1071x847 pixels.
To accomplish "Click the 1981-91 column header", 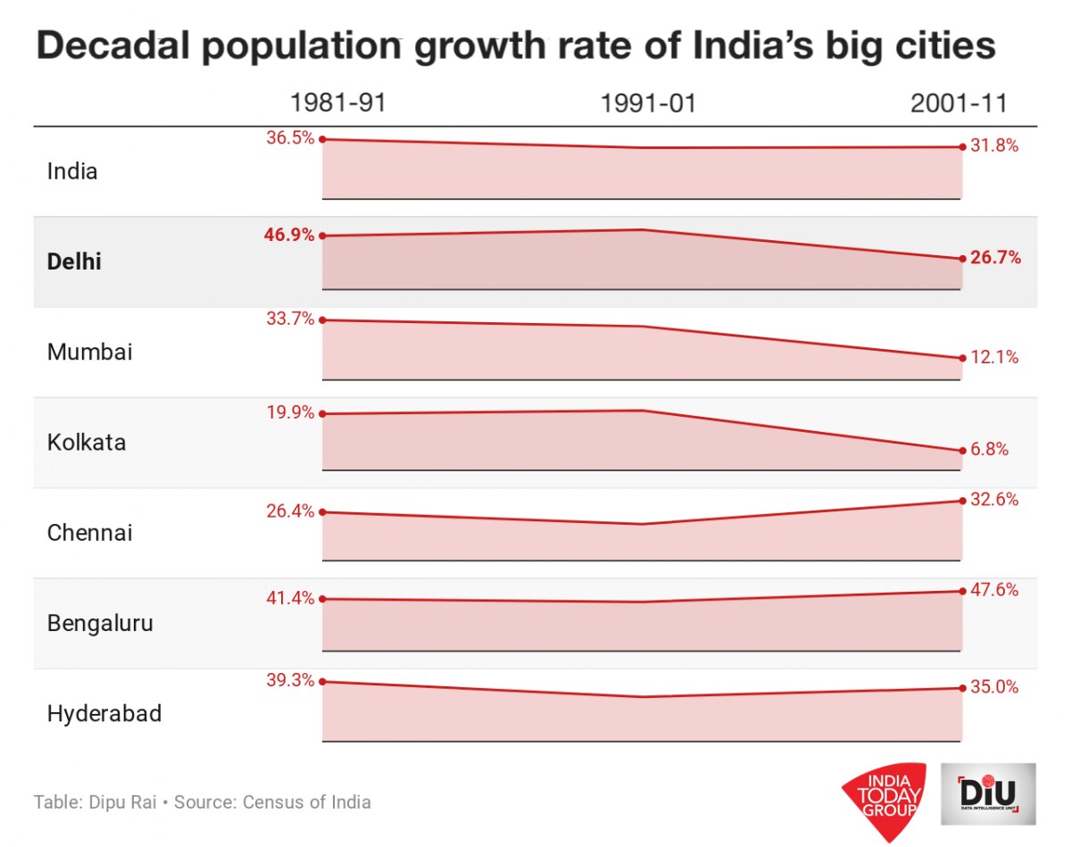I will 337,104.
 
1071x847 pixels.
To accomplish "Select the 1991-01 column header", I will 648,104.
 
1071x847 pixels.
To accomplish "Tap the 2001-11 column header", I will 959,104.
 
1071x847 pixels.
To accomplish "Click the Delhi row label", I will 74,262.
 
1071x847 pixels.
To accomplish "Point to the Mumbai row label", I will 89,353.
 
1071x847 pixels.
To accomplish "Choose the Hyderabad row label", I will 104,714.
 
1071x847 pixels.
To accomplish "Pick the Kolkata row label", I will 87,443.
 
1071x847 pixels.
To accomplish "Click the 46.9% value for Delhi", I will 289,236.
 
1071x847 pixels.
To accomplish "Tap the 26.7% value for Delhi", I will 995,259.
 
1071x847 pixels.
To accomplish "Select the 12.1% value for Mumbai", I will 994,358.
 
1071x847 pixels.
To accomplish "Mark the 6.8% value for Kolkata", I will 990,450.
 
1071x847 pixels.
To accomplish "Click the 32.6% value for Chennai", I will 994,500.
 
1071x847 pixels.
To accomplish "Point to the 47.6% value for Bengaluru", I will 994,590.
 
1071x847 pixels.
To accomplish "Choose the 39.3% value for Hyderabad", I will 290,680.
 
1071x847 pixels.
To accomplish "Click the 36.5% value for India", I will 290,138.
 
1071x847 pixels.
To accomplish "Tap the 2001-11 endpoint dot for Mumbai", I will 962,358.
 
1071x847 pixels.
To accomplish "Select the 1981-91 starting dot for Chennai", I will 322,512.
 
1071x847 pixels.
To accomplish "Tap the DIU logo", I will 989,793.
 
